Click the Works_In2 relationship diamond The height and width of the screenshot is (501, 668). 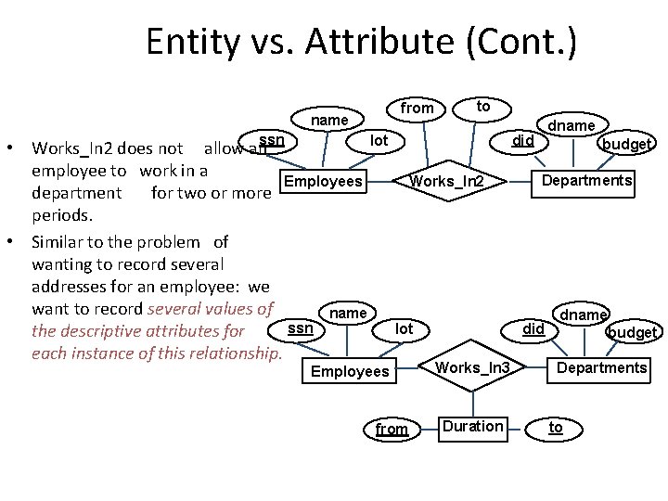(x=447, y=180)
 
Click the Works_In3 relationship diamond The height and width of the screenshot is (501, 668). (x=472, y=368)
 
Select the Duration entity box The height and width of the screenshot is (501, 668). (x=472, y=427)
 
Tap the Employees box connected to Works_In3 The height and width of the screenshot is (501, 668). (x=350, y=371)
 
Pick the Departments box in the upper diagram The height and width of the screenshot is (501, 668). (x=587, y=180)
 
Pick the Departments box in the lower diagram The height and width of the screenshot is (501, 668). (x=601, y=368)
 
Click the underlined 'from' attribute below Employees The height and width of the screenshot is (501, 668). (x=392, y=429)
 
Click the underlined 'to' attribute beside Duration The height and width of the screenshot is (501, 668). (x=555, y=427)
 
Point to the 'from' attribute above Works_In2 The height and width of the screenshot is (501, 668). (x=417, y=109)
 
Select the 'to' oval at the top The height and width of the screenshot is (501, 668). (x=482, y=107)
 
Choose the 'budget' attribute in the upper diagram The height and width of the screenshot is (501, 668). (x=627, y=144)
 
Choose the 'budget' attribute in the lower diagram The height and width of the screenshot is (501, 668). (x=632, y=332)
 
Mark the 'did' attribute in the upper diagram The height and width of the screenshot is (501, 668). (x=524, y=140)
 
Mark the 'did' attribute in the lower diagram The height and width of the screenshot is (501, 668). (x=533, y=328)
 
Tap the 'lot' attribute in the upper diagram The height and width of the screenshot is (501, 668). (x=379, y=140)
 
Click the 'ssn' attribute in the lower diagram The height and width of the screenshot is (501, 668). (x=300, y=328)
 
